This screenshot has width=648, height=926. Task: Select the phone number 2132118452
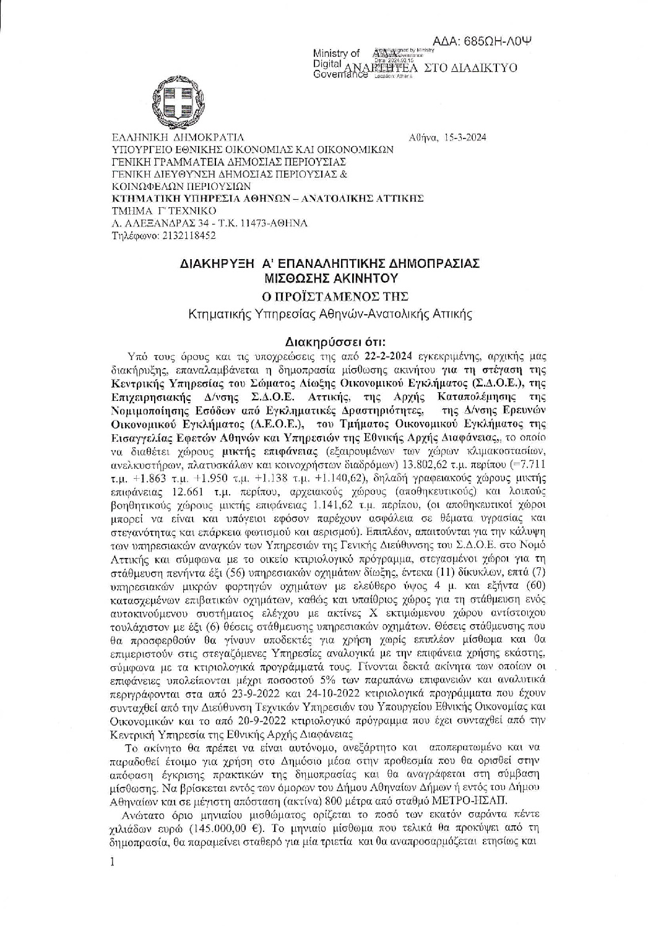[x=186, y=236]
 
